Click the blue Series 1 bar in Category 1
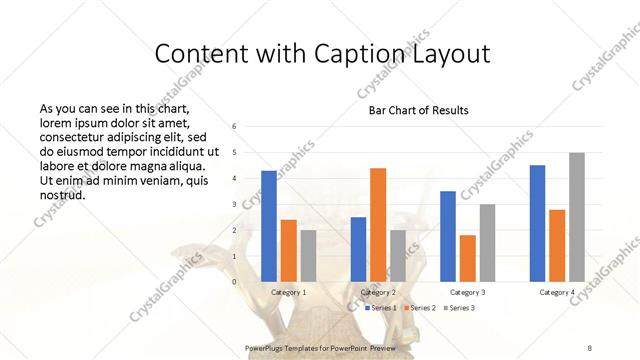click(x=269, y=226)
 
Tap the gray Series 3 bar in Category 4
click(x=577, y=217)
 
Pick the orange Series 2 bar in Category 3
click(x=467, y=258)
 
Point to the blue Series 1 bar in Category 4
click(x=537, y=223)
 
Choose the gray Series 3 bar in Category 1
click(x=308, y=256)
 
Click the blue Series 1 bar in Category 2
click(x=358, y=249)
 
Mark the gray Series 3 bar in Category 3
click(x=487, y=243)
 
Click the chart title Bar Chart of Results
click(x=419, y=110)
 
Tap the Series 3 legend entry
click(x=459, y=308)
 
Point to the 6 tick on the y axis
click(x=233, y=127)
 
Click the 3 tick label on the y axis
click(x=233, y=205)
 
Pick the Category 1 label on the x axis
click(x=289, y=292)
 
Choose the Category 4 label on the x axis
click(x=557, y=292)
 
